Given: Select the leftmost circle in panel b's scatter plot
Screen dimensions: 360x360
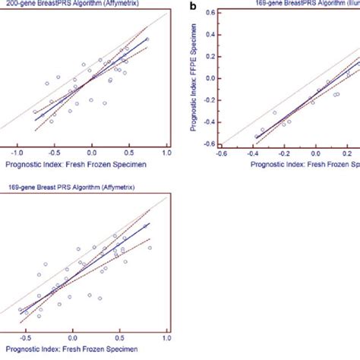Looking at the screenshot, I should click(263, 130).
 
